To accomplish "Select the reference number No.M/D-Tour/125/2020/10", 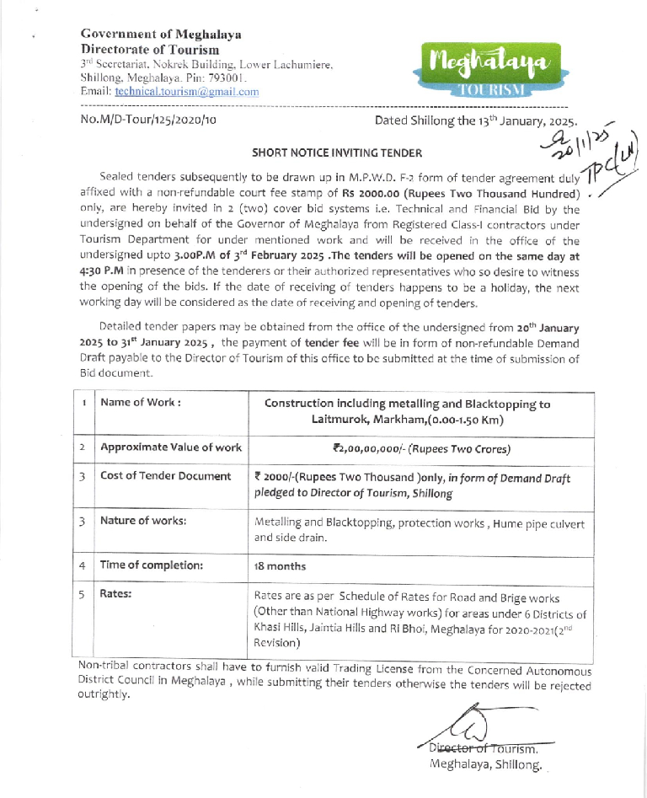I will [148, 120].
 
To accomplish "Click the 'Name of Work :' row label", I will [141, 403].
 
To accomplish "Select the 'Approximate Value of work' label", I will [171, 447].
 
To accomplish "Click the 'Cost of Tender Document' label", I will [166, 476].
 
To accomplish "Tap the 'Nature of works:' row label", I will [143, 520].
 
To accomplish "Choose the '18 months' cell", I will [280, 566].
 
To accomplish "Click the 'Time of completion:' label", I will [152, 565].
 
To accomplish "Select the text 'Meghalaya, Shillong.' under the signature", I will [484, 764].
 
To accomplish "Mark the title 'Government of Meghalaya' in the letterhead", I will [161, 35].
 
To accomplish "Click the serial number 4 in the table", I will [83, 565].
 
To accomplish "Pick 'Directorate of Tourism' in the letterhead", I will [149, 50].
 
